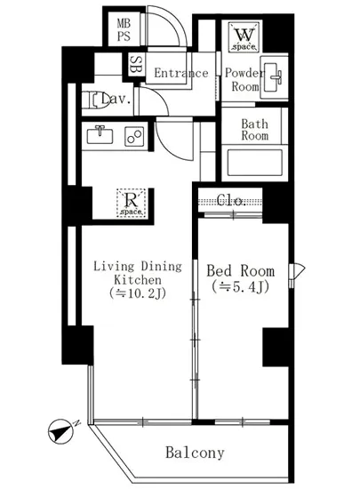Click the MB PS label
(124, 29)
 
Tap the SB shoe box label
(134, 65)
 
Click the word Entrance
(181, 73)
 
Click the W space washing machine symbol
(244, 36)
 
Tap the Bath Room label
(254, 130)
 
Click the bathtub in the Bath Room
(255, 163)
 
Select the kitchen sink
(100, 136)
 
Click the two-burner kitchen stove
(134, 136)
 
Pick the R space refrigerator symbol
(132, 203)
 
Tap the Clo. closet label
(231, 200)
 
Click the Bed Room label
(241, 270)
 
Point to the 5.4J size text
(240, 287)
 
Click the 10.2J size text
(137, 293)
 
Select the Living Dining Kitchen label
(138, 273)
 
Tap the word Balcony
(195, 453)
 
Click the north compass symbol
(60, 431)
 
